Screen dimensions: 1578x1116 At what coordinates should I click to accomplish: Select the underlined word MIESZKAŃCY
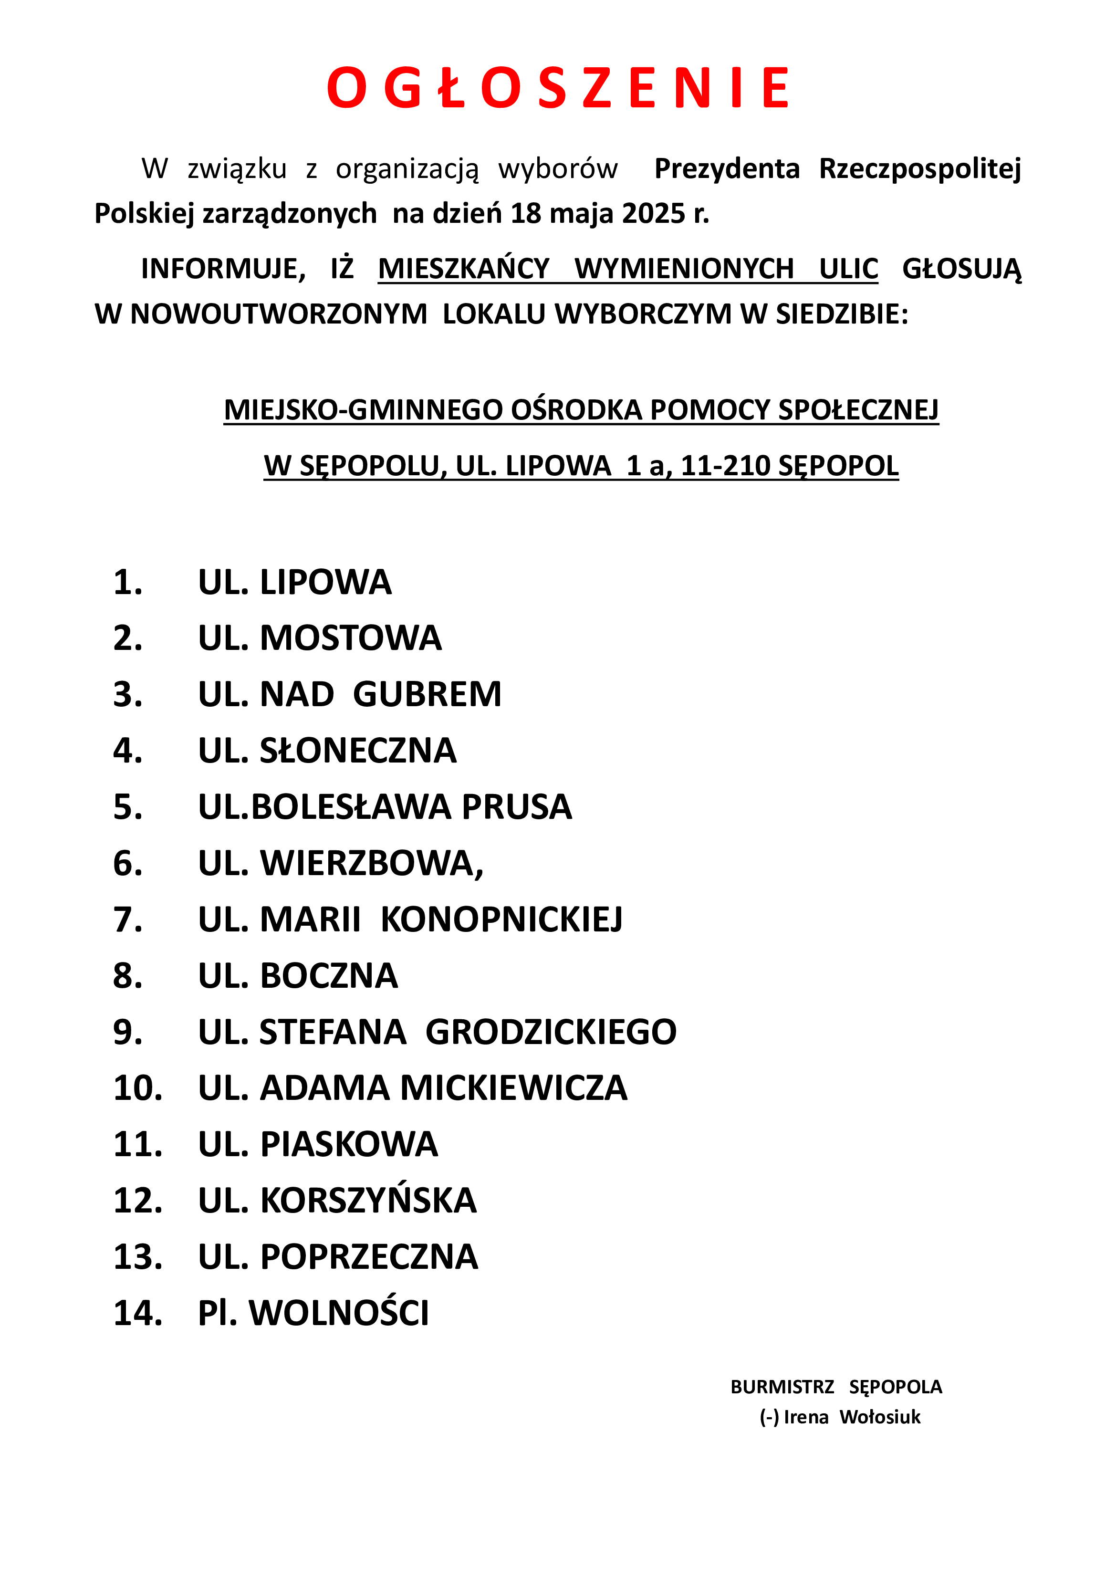pos(464,269)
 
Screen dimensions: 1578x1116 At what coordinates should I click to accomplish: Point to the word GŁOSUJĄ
pos(961,269)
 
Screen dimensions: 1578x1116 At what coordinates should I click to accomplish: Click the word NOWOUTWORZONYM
pos(278,314)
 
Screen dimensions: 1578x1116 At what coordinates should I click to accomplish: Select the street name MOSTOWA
pos(351,638)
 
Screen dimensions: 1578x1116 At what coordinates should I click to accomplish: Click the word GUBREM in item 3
pos(428,694)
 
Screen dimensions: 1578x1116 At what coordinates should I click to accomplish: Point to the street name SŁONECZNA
pos(357,751)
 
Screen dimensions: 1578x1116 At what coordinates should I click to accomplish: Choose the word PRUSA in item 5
pos(517,807)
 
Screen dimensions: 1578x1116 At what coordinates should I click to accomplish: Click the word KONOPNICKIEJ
pos(501,920)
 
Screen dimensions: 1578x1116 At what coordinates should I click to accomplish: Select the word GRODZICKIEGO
pos(551,1032)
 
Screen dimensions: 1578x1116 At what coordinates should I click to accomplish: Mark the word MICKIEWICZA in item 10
pos(513,1088)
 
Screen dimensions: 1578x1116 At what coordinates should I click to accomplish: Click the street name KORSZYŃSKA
pos(368,1201)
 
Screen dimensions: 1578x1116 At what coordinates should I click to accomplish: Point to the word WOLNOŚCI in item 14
pos(339,1313)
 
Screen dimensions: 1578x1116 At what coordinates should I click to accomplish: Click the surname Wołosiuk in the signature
pos(880,1417)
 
